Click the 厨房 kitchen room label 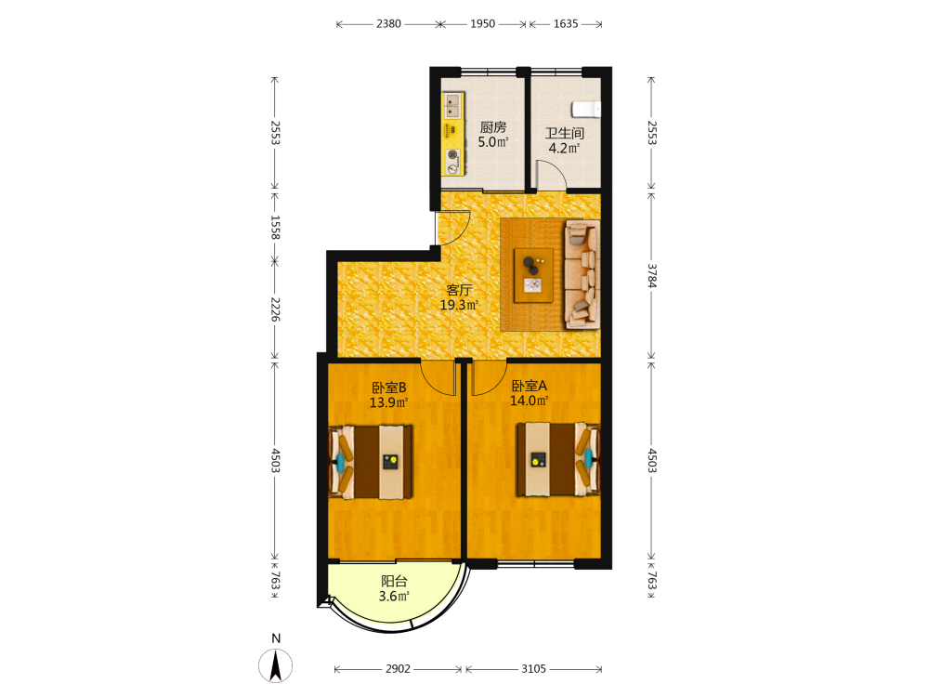pyautogui.click(x=493, y=127)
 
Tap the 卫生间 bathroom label pyautogui.click(x=565, y=133)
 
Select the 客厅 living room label pyautogui.click(x=459, y=290)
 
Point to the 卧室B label pyautogui.click(x=388, y=388)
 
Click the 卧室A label pyautogui.click(x=530, y=386)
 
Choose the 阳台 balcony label pyautogui.click(x=394, y=582)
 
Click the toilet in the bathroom pyautogui.click(x=586, y=110)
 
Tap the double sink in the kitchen pyautogui.click(x=453, y=105)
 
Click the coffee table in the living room pyautogui.click(x=533, y=275)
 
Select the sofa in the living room pyautogui.click(x=582, y=274)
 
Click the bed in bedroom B pyautogui.click(x=371, y=462)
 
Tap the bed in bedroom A pyautogui.click(x=557, y=459)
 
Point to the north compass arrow pyautogui.click(x=276, y=665)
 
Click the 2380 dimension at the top pyautogui.click(x=388, y=24)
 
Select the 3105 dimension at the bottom pyautogui.click(x=534, y=668)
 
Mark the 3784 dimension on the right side pyautogui.click(x=652, y=276)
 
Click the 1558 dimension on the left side pyautogui.click(x=275, y=227)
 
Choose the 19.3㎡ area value pyautogui.click(x=459, y=305)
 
